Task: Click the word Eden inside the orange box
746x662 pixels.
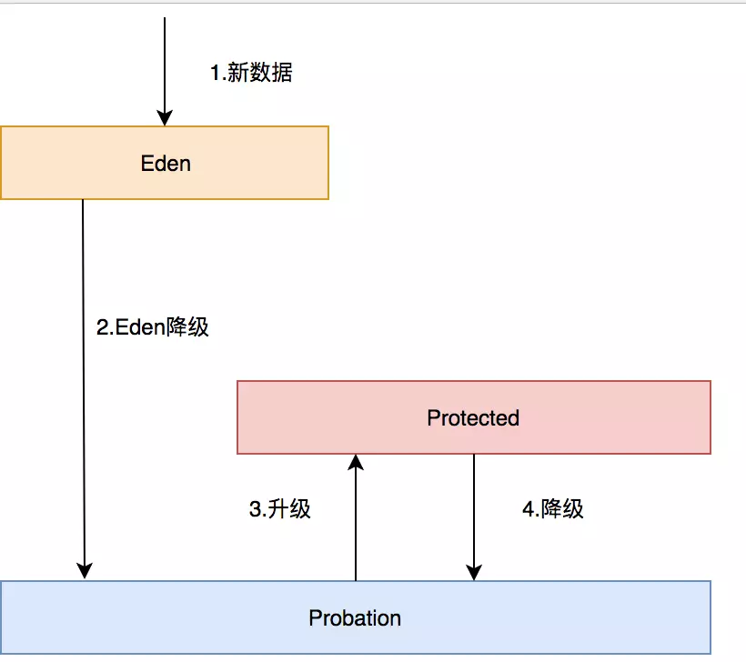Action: [166, 164]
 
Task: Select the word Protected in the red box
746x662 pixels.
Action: [473, 418]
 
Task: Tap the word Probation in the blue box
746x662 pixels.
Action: [355, 618]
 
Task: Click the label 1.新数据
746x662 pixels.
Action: [251, 74]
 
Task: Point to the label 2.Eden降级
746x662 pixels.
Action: [153, 326]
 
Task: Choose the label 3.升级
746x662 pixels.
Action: [280, 509]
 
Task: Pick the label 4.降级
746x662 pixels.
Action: [553, 509]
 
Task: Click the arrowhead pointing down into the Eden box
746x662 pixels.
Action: [165, 118]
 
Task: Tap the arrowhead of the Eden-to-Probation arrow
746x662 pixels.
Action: [84, 572]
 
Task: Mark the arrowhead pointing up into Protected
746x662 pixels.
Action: [356, 462]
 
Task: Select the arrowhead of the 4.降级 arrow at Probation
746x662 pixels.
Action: [474, 573]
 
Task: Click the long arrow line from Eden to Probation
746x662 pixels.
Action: [84, 382]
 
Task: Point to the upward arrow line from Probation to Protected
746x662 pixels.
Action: [356, 527]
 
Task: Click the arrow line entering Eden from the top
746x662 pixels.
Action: [165, 64]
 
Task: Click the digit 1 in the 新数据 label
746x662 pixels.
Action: [216, 74]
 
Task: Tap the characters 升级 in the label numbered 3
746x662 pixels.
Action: [290, 509]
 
